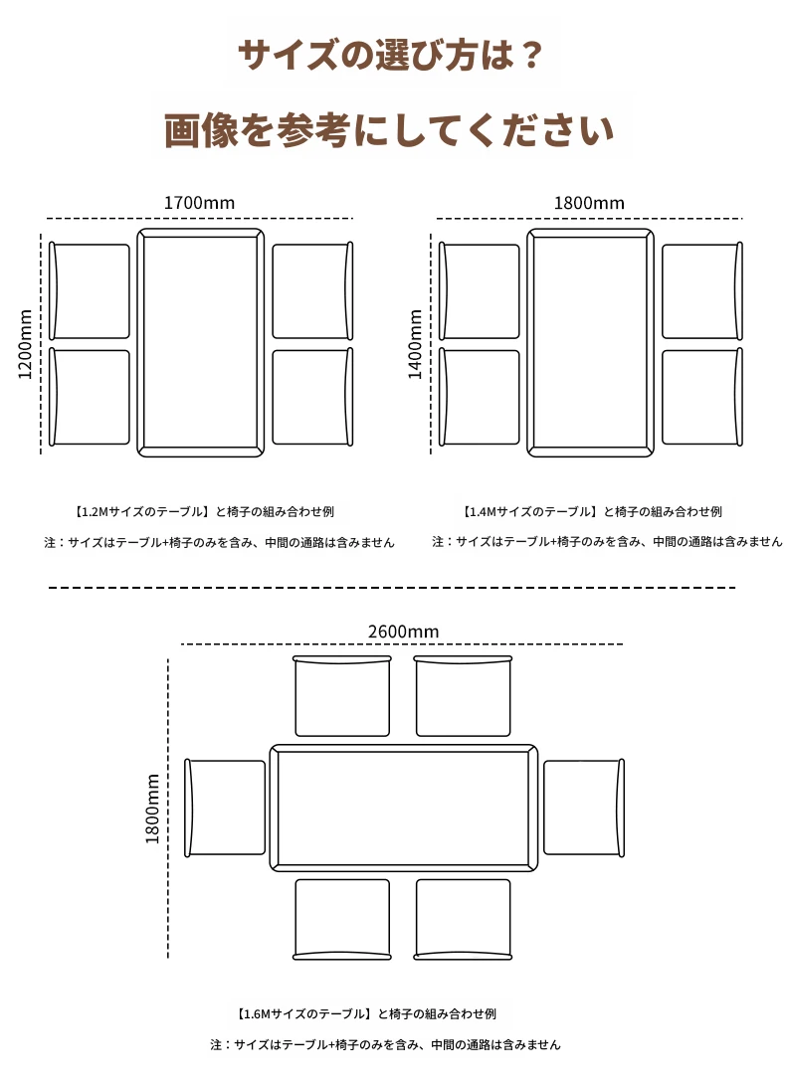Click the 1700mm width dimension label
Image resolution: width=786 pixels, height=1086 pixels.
pos(199,203)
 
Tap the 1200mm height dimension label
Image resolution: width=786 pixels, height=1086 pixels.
pos(26,344)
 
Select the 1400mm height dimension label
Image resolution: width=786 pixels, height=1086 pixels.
pos(415,344)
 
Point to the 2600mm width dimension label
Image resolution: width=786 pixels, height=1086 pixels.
pos(403,632)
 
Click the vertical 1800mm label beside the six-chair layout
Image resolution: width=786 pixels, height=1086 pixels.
pos(152,809)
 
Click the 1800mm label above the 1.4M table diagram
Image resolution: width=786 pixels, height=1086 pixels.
pos(589,203)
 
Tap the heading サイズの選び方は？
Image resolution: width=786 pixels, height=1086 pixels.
pos(390,55)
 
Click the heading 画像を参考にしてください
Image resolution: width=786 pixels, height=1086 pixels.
pos(390,129)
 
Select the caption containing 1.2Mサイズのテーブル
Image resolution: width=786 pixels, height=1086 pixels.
pos(203,512)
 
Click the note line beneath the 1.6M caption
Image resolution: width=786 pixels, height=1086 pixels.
pos(385,1044)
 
